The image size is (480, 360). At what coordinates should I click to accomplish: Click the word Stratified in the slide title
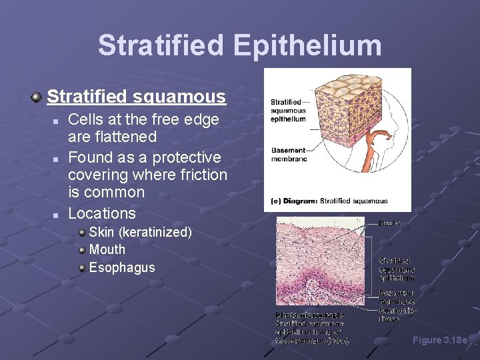[160, 46]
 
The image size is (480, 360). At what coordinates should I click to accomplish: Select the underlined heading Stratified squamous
[136, 97]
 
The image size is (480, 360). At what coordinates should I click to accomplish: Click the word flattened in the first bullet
[122, 137]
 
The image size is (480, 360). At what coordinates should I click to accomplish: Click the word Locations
[102, 213]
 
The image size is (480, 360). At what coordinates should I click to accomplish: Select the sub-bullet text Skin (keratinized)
[140, 232]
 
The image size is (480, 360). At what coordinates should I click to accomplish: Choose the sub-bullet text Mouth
[107, 249]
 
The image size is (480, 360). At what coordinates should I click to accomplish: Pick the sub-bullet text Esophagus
[121, 267]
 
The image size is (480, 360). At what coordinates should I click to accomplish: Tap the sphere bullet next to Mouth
[81, 250]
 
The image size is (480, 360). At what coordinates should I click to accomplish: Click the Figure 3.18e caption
[440, 340]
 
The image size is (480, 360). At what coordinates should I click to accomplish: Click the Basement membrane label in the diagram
[288, 155]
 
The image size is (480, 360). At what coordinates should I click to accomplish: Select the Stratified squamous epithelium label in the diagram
[288, 111]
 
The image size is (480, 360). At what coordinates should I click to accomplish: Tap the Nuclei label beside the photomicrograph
[389, 223]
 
